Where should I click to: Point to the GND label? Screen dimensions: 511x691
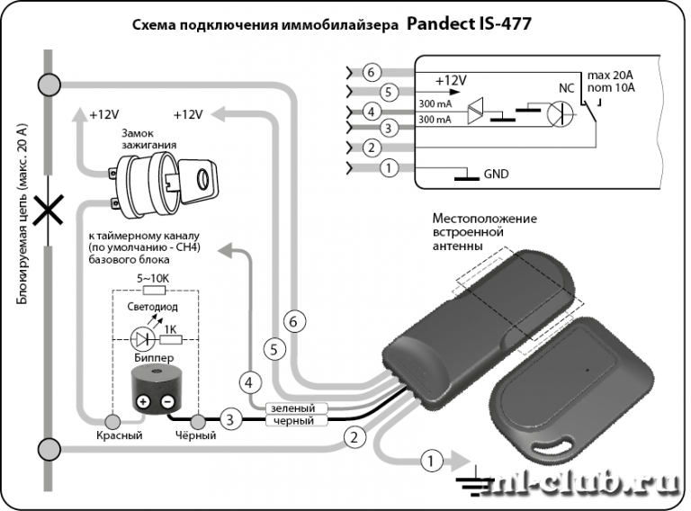point(497,173)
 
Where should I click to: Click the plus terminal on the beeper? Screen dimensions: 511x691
point(142,402)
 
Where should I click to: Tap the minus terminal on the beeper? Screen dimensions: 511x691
point(166,402)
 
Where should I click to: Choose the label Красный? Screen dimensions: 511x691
point(121,436)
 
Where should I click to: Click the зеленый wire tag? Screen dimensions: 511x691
point(292,408)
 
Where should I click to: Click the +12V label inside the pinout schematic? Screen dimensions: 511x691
point(450,81)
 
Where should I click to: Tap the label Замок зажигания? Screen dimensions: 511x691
point(149,138)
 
